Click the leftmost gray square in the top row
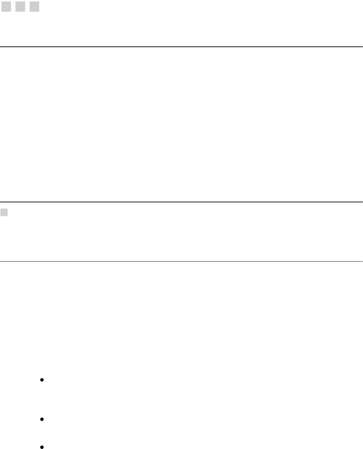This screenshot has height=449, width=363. (6, 7)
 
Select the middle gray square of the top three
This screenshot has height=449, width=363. (20, 7)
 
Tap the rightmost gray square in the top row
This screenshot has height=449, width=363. (34, 7)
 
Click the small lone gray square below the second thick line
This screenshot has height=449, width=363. (4, 212)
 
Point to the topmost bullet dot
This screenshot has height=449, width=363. (42, 380)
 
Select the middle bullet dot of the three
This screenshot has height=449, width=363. (42, 419)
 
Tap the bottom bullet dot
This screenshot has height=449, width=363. (42, 447)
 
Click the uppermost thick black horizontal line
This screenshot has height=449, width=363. (181, 46)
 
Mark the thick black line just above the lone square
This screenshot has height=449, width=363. (181, 202)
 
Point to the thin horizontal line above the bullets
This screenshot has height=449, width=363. (181, 261)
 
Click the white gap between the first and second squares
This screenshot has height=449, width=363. (13, 7)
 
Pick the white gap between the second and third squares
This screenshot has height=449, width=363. (27, 7)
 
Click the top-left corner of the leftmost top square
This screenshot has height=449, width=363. (1, 2)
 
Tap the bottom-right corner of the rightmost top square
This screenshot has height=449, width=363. (39, 11)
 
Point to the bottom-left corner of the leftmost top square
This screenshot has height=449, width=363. (1, 11)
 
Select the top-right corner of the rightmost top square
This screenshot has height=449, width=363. (39, 2)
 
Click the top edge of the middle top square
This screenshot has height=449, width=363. (20, 2)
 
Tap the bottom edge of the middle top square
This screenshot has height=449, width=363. (20, 11)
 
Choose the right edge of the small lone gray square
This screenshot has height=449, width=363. (8, 212)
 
